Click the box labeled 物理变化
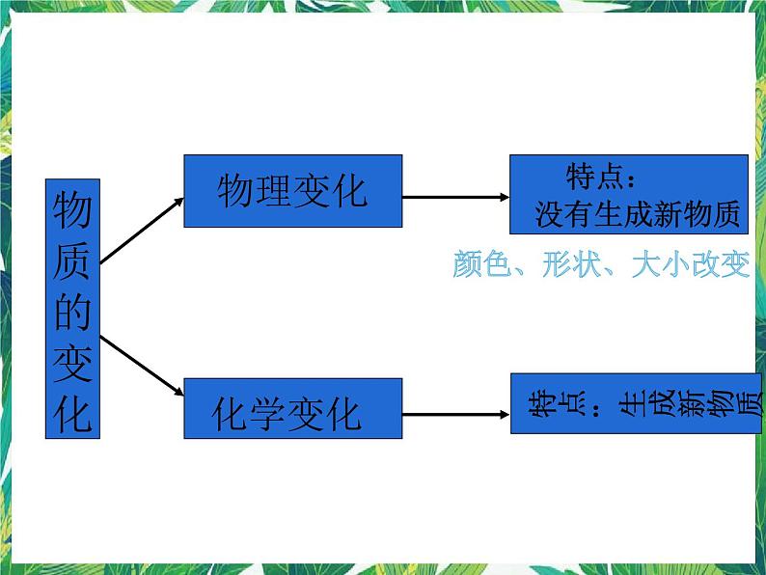(292, 190)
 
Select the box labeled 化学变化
(292, 414)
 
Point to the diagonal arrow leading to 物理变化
(141, 231)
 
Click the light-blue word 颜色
(479, 264)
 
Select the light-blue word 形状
(570, 264)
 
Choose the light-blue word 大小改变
(691, 264)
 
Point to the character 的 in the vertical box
(72, 312)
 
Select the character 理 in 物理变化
(267, 190)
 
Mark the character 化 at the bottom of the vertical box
(72, 412)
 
